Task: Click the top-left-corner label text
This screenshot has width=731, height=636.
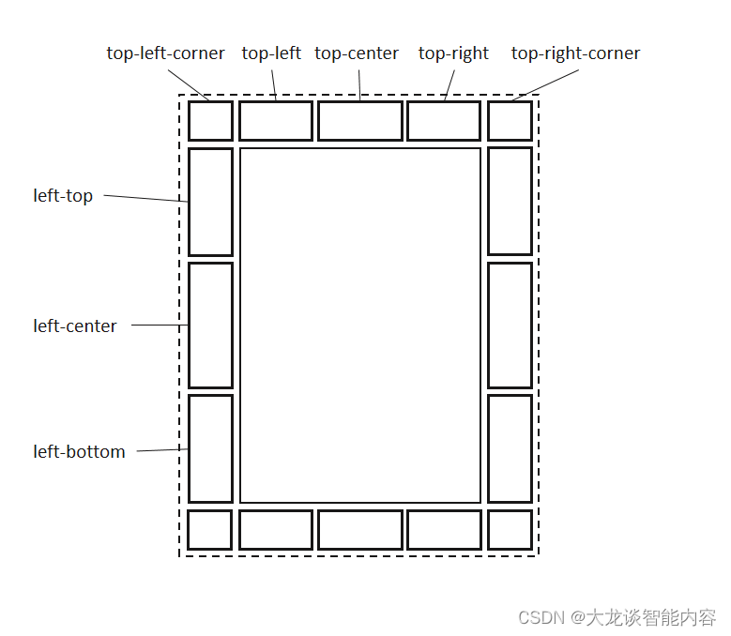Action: pyautogui.click(x=165, y=53)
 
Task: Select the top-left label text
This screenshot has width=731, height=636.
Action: pyautogui.click(x=271, y=53)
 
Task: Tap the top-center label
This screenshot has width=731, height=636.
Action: pyautogui.click(x=357, y=53)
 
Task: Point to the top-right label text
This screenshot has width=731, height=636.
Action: pyautogui.click(x=453, y=53)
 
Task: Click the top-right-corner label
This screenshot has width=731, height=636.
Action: pyautogui.click(x=575, y=53)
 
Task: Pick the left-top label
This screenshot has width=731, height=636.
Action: pyautogui.click(x=63, y=196)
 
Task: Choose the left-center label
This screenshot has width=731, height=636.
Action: pyautogui.click(x=75, y=326)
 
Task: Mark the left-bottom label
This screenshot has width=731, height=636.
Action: pyautogui.click(x=79, y=452)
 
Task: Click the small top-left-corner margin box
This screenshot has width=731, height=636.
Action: pyautogui.click(x=210, y=121)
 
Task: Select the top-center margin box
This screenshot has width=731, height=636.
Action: pyautogui.click(x=360, y=121)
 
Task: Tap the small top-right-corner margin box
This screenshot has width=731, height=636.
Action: pyautogui.click(x=510, y=121)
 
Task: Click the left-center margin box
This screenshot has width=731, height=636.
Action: pyautogui.click(x=210, y=326)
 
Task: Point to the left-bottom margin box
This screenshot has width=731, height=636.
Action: pyautogui.click(x=210, y=448)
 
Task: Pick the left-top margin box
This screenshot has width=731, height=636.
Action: pyautogui.click(x=210, y=202)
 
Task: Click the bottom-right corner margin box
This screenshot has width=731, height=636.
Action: pyautogui.click(x=510, y=530)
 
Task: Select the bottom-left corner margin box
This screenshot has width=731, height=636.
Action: pyautogui.click(x=210, y=530)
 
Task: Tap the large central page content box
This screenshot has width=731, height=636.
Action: pyautogui.click(x=360, y=326)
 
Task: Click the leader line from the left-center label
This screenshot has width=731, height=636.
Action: pyautogui.click(x=160, y=326)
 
